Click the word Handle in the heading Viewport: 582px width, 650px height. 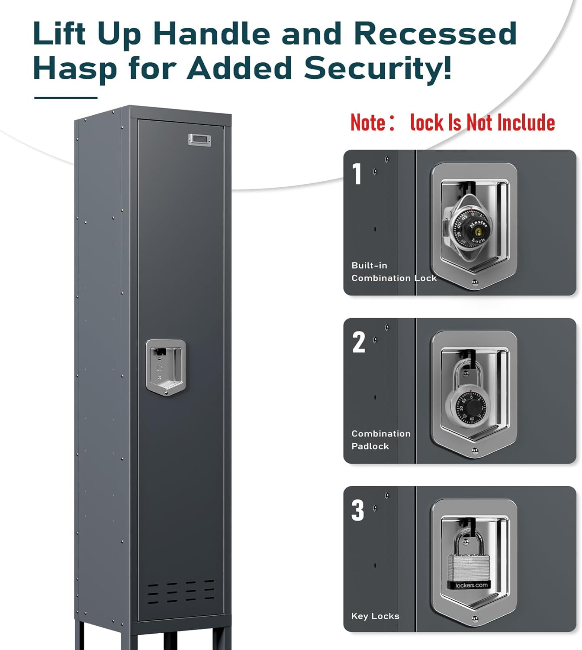212,33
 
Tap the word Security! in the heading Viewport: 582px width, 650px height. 378,68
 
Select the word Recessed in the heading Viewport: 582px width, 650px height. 435,33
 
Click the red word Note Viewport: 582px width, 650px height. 368,123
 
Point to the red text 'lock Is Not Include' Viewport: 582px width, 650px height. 482,123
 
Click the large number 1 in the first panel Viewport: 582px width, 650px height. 357,174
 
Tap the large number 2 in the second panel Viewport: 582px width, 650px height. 359,342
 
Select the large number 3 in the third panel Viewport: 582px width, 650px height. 358,510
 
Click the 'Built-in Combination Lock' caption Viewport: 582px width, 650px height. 393,272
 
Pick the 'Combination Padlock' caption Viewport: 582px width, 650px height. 380,440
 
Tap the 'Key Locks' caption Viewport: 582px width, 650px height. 375,616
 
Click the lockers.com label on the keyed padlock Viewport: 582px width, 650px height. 471,585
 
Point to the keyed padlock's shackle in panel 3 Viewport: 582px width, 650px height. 469,544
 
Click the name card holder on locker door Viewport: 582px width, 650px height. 199,140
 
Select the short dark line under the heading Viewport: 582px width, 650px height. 66,98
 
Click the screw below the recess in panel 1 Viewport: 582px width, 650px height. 475,283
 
